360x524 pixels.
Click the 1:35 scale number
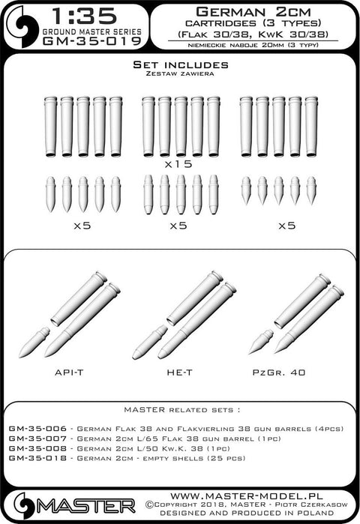click(85, 16)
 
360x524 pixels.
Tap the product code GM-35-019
click(92, 41)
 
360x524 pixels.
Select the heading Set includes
click(181, 64)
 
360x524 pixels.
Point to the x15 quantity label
click(178, 163)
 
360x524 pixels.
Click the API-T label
click(69, 373)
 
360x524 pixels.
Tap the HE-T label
click(179, 373)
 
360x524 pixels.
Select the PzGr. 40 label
click(279, 373)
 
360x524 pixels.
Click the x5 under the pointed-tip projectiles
click(286, 226)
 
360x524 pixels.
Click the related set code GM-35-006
click(37, 429)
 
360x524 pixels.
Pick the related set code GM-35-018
click(37, 458)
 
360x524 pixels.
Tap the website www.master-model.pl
click(246, 496)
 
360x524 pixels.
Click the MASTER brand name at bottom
click(85, 506)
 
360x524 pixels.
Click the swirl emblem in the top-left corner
click(23, 26)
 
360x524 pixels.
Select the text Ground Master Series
click(92, 31)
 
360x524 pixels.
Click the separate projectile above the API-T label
click(34, 343)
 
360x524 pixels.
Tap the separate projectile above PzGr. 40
click(261, 342)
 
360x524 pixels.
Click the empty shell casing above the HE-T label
click(195, 298)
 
